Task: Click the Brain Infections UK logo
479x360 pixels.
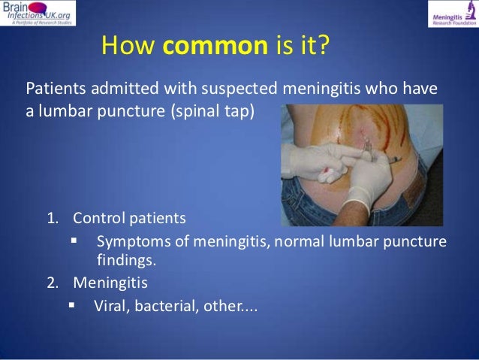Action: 38,14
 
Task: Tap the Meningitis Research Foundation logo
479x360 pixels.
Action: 452,14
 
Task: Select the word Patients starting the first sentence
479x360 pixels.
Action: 55,89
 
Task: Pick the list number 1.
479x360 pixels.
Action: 52,219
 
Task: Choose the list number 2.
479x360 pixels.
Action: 52,284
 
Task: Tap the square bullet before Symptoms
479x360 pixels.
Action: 74,241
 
